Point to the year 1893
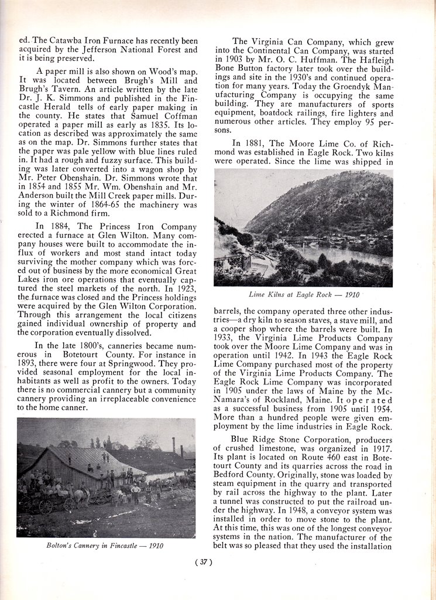29,364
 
